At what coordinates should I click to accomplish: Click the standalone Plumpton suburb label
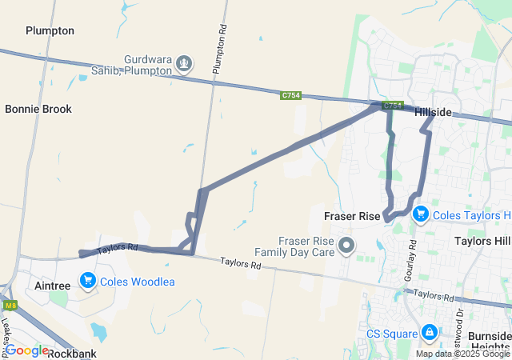pyautogui.click(x=50, y=30)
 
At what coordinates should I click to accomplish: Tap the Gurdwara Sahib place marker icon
pyautogui.click(x=184, y=62)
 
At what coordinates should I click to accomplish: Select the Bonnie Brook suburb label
pyautogui.click(x=38, y=109)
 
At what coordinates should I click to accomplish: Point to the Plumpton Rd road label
pyautogui.click(x=220, y=50)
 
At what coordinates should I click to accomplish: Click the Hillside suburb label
pyautogui.click(x=433, y=113)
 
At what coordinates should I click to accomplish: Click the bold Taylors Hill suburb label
pyautogui.click(x=482, y=241)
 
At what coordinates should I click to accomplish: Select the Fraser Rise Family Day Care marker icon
pyautogui.click(x=346, y=244)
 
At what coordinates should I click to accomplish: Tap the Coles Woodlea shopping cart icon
pyautogui.click(x=87, y=282)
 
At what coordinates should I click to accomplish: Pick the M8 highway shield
pyautogui.click(x=10, y=305)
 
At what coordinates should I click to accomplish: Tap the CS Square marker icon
pyautogui.click(x=429, y=332)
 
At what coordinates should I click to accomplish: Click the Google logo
pyautogui.click(x=26, y=350)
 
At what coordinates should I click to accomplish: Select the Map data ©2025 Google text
pyautogui.click(x=462, y=354)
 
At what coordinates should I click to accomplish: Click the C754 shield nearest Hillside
pyautogui.click(x=392, y=105)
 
